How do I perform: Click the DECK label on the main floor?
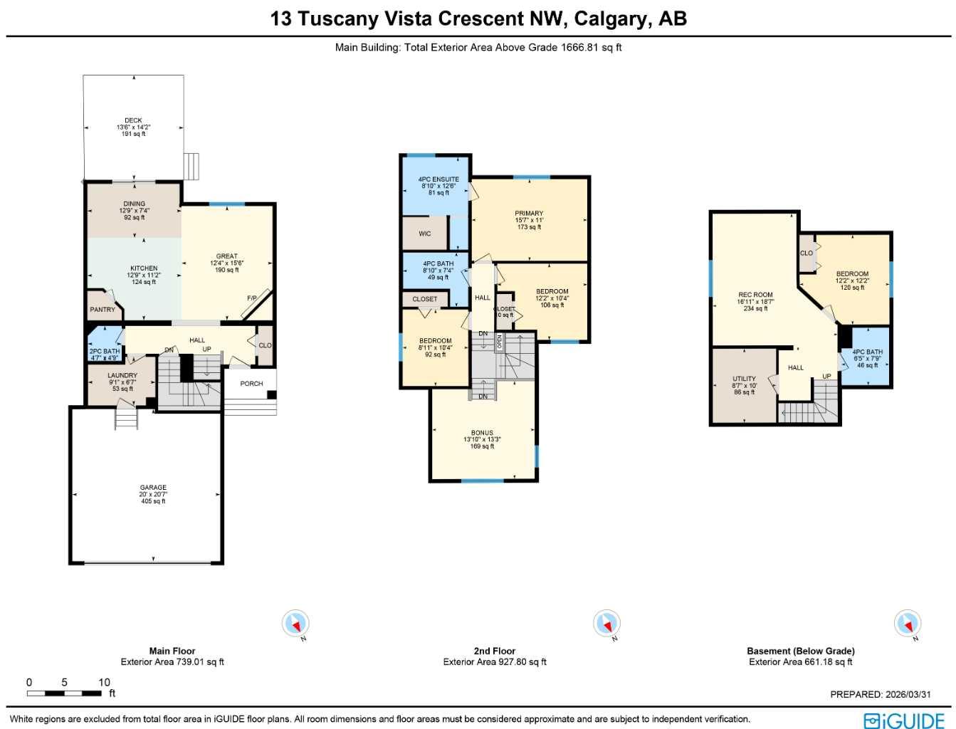(133, 120)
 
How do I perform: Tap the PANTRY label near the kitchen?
(103, 310)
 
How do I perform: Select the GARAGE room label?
(153, 488)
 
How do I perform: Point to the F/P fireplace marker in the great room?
(252, 298)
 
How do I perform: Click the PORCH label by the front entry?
(251, 384)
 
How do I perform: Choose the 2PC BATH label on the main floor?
(105, 351)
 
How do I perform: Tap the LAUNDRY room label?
(122, 375)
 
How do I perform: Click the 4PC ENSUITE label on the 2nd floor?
(438, 179)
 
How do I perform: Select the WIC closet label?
(425, 234)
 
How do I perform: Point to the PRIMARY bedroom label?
(529, 214)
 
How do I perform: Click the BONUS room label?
(482, 433)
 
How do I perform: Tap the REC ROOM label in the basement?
(755, 295)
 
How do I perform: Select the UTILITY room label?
(745, 379)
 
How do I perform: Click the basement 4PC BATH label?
(867, 352)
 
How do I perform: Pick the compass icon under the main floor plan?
(295, 624)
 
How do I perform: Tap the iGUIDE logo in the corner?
(905, 720)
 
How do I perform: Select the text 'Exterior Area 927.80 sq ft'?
(495, 662)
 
